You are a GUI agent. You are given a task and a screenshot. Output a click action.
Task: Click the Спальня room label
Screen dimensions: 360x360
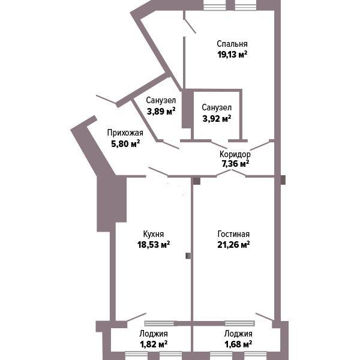(x=232, y=44)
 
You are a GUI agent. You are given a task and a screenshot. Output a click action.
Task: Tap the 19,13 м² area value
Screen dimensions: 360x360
(x=232, y=55)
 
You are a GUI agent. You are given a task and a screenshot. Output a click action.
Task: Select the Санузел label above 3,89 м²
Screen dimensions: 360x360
(x=161, y=100)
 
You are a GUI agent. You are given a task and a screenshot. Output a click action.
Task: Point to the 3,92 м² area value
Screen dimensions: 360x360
(x=217, y=119)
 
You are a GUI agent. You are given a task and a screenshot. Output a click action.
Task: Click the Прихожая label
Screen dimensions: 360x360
(x=125, y=133)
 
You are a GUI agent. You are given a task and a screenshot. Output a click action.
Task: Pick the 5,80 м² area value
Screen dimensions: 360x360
(x=125, y=144)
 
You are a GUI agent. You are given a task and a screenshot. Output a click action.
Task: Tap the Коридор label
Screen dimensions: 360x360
(x=235, y=154)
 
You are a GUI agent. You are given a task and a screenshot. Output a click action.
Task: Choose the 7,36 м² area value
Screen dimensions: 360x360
(x=235, y=164)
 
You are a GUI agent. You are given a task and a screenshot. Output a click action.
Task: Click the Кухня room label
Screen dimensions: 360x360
(x=154, y=234)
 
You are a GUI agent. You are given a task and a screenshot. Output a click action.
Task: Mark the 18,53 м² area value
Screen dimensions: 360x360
(x=154, y=245)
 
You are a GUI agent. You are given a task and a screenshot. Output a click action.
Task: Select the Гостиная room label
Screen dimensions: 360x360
(x=233, y=234)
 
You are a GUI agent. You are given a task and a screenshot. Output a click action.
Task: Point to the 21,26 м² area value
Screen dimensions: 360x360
(x=233, y=245)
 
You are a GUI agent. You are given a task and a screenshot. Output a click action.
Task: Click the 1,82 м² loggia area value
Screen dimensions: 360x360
(x=154, y=344)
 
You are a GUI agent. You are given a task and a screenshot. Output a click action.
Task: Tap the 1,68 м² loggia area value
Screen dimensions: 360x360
(x=238, y=344)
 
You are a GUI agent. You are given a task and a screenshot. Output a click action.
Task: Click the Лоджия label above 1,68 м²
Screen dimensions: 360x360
(x=238, y=334)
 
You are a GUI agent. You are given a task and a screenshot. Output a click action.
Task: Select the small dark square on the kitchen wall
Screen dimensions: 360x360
(x=188, y=256)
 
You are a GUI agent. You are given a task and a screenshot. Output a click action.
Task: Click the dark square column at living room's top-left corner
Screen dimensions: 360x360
(x=197, y=181)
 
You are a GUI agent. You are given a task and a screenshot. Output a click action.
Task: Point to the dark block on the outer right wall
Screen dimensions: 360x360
(x=283, y=180)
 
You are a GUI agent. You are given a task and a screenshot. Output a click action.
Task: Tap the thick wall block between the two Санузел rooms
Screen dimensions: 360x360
(x=188, y=109)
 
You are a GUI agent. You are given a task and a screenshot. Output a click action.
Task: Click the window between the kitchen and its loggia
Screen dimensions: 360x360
(x=160, y=323)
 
